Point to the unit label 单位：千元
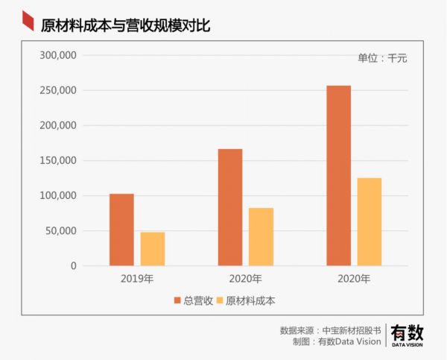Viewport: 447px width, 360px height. tap(383, 58)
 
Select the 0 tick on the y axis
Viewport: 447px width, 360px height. tap(73, 266)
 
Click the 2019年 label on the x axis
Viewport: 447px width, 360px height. tap(137, 279)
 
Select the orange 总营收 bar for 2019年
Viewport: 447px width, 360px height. tap(121, 230)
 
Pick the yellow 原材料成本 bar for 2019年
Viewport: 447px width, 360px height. tap(153, 249)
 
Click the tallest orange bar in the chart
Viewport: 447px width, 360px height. tap(338, 176)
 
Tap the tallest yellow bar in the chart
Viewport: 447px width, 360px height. tap(370, 222)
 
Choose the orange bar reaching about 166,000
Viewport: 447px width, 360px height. tap(230, 207)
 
